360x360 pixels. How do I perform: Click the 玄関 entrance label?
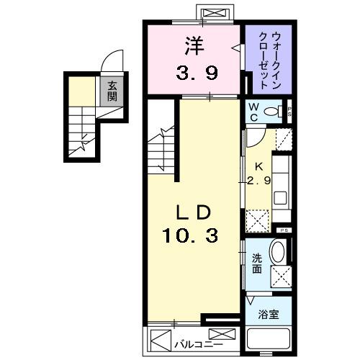[x=112, y=91]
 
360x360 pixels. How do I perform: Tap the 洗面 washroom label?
[x=257, y=264]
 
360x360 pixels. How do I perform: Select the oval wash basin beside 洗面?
[x=278, y=253]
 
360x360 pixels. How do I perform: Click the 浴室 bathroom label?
[x=269, y=315]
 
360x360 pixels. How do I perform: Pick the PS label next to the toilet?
[x=289, y=112]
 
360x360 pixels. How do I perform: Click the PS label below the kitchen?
[x=284, y=230]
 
